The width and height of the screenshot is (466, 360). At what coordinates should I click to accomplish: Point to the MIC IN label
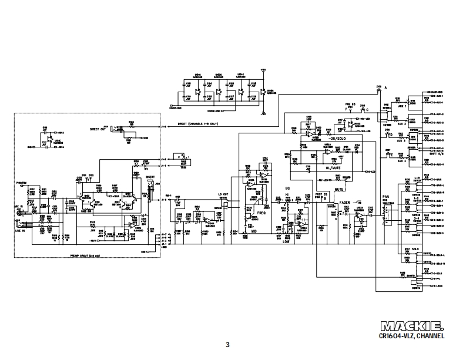18,207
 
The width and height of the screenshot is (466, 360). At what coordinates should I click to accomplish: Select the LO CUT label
223,193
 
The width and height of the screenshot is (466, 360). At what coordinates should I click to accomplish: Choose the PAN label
386,197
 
